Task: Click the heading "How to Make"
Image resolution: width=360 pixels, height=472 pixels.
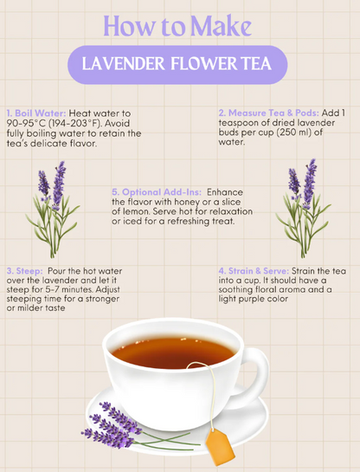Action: pos(180,25)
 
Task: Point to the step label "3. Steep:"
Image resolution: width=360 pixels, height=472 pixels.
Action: pos(24,269)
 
